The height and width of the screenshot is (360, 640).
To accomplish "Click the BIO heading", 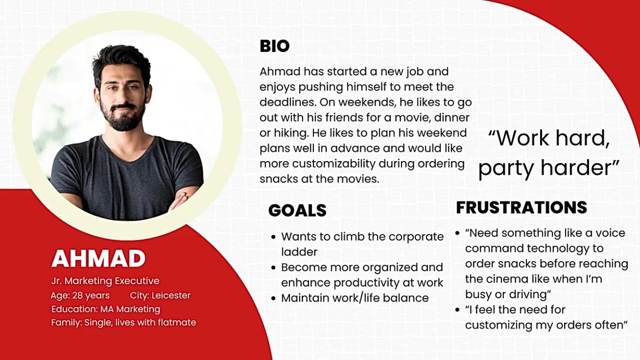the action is pyautogui.click(x=275, y=46).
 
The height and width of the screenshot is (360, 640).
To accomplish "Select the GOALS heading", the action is pyautogui.click(x=298, y=211).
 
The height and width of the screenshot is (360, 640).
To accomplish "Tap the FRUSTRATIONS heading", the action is pyautogui.click(x=521, y=208).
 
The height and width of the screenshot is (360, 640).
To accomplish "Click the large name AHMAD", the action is pyautogui.click(x=98, y=259).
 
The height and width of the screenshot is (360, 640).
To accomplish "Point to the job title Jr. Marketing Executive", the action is pyautogui.click(x=105, y=281).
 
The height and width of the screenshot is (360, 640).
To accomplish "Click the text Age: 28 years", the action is pyautogui.click(x=80, y=295).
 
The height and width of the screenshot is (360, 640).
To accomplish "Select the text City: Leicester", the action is pyautogui.click(x=160, y=295).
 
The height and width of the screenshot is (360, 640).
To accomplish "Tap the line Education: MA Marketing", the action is pyautogui.click(x=105, y=309).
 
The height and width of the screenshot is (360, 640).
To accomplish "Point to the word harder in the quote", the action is pyautogui.click(x=580, y=168).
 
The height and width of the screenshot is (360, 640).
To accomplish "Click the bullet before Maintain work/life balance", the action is pyautogui.click(x=274, y=298).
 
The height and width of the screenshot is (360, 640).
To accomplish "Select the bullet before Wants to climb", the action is pyautogui.click(x=274, y=237).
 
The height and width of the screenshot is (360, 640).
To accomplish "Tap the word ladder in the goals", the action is pyautogui.click(x=299, y=252).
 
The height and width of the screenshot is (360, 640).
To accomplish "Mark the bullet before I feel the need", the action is pyautogui.click(x=458, y=310).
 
